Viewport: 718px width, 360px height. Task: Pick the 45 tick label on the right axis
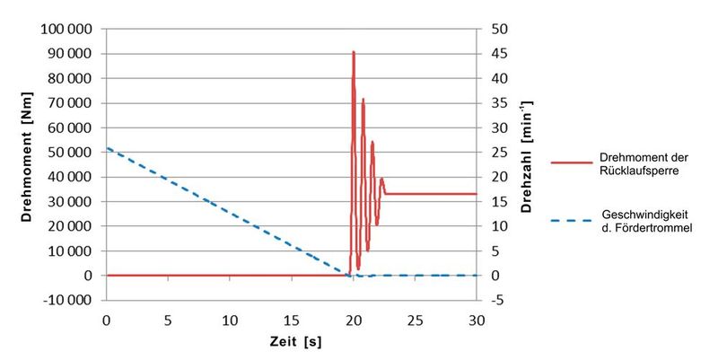(x=499, y=53)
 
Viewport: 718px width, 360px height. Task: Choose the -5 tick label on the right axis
(x=498, y=300)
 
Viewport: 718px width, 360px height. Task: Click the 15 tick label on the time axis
(x=292, y=319)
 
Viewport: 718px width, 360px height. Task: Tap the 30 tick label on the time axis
(x=477, y=319)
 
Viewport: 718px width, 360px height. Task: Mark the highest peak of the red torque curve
(x=353, y=52)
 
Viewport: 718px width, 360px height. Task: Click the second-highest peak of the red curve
(x=363, y=99)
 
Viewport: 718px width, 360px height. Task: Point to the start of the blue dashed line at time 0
(x=108, y=148)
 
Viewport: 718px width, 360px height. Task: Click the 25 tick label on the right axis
(x=499, y=152)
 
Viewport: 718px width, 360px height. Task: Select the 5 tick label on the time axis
(x=168, y=319)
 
